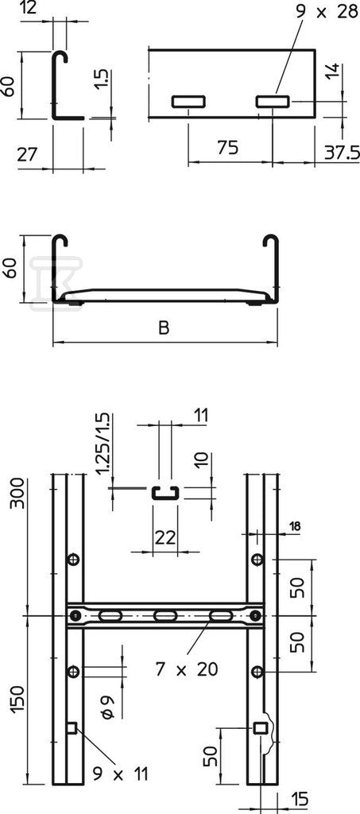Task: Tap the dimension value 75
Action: tap(228, 147)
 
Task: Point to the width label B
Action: tap(164, 328)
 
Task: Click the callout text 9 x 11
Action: tap(120, 774)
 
